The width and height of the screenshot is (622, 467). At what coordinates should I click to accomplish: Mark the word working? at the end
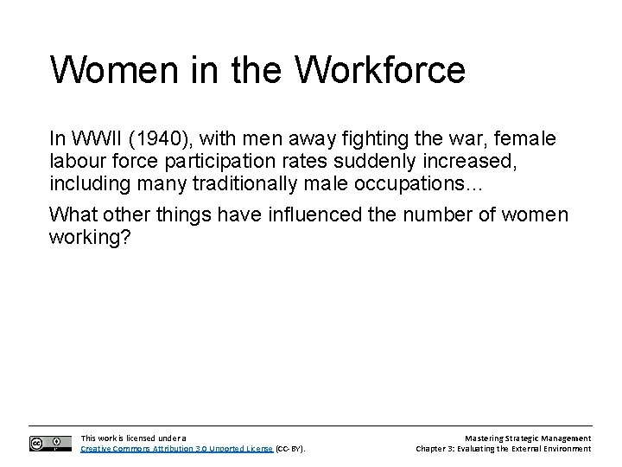(x=90, y=237)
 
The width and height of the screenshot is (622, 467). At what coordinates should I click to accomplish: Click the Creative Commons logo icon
(x=49, y=443)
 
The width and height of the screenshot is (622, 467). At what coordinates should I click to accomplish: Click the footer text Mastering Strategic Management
(x=526, y=438)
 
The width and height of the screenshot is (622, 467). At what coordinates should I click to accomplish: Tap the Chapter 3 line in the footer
(x=503, y=449)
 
